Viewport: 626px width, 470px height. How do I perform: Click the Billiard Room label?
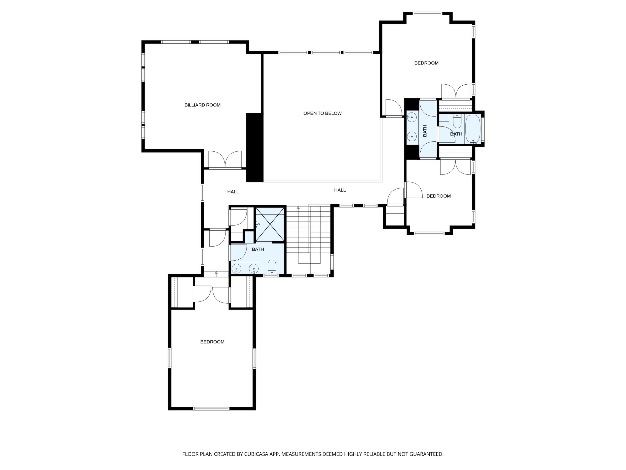[x=202, y=105]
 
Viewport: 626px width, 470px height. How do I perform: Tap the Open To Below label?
[x=322, y=113]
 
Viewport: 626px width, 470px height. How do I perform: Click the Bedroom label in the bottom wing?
[x=212, y=342]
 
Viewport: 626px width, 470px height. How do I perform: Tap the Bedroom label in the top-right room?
[x=426, y=63]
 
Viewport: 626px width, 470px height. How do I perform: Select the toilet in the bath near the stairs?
[x=272, y=267]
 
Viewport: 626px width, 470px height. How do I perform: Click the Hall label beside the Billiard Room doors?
[x=233, y=192]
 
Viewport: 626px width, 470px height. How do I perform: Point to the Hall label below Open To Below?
[x=340, y=190]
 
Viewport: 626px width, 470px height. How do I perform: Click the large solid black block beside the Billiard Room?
[x=254, y=147]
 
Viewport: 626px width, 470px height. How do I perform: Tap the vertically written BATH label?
[x=425, y=131]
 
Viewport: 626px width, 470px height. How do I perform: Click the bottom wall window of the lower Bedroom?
[x=211, y=408]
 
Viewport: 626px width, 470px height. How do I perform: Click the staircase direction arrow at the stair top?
[x=298, y=208]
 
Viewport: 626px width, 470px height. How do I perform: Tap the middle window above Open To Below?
[x=326, y=52]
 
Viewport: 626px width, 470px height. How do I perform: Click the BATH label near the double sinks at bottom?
[x=258, y=249]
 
